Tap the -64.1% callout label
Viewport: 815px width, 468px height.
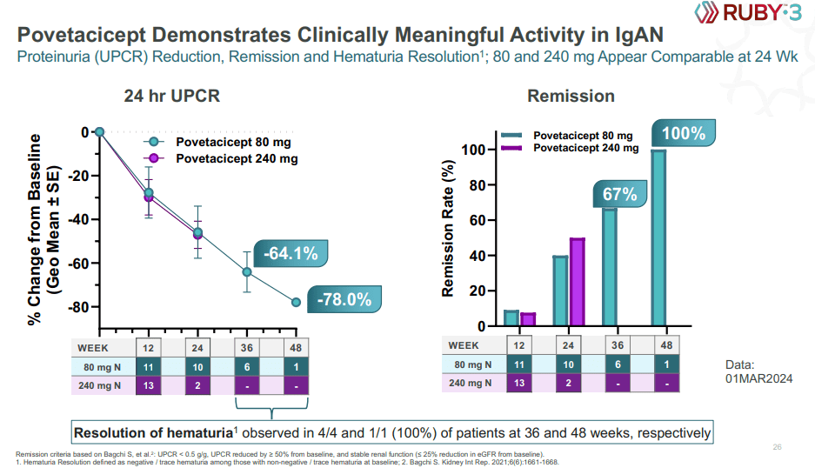tap(291, 254)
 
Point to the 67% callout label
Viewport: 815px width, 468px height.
tap(620, 195)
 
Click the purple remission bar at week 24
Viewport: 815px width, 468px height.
tap(576, 282)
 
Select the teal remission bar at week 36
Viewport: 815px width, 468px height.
tap(610, 267)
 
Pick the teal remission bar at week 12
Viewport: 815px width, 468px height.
tap(511, 318)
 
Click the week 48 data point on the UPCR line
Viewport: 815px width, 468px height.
tap(297, 302)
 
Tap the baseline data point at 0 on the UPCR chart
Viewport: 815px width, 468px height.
tap(100, 132)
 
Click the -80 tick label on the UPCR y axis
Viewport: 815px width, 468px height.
tap(79, 307)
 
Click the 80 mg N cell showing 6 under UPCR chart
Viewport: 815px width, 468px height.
tap(247, 367)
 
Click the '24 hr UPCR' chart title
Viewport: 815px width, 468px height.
tap(171, 96)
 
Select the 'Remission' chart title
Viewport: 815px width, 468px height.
tap(571, 96)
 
